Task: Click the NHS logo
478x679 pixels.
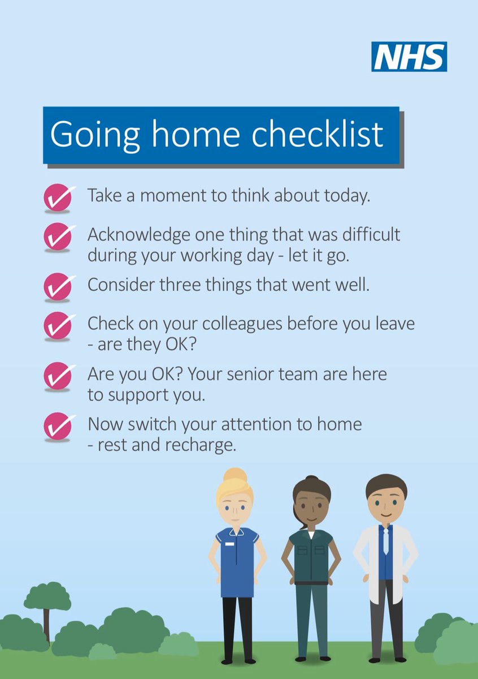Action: (409, 57)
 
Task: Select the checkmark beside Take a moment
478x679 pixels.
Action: (58, 197)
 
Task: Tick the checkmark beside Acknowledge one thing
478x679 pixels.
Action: (58, 237)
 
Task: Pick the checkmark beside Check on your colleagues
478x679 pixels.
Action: (58, 325)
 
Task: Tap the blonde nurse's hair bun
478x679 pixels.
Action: (234, 475)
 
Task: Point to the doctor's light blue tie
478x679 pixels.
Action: (386, 540)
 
